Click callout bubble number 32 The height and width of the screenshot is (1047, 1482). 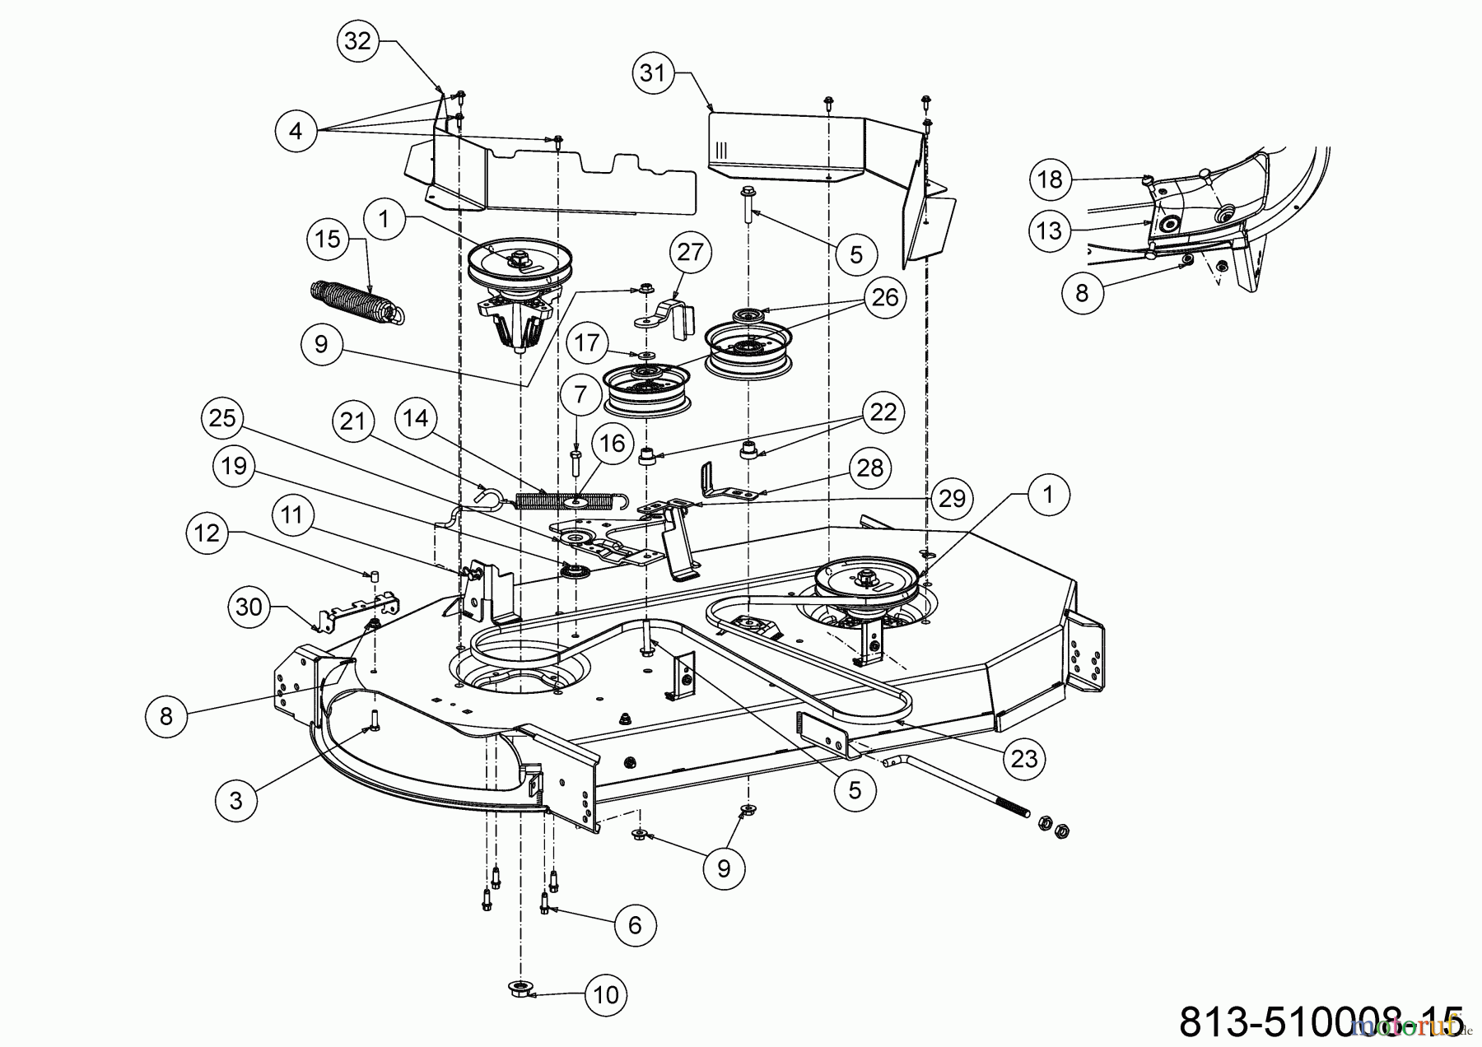coord(357,40)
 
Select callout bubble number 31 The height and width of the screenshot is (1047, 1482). coord(652,73)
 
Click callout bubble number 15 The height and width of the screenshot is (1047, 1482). coord(328,240)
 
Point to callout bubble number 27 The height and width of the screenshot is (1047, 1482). coord(690,251)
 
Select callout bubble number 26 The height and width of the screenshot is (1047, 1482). coord(885,297)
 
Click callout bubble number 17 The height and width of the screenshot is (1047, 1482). coord(587,342)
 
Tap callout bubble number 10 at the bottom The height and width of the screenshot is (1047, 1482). coord(606,995)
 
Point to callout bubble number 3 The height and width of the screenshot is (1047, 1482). coord(236,800)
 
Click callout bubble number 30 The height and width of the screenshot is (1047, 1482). coord(249,607)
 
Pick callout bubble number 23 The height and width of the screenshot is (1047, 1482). coord(1024,758)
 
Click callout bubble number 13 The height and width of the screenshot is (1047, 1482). coord(1049,230)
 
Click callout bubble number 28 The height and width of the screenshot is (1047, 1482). coord(870,468)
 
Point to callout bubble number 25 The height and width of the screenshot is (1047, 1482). coord(222,419)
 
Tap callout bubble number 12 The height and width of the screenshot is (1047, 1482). coord(207,533)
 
